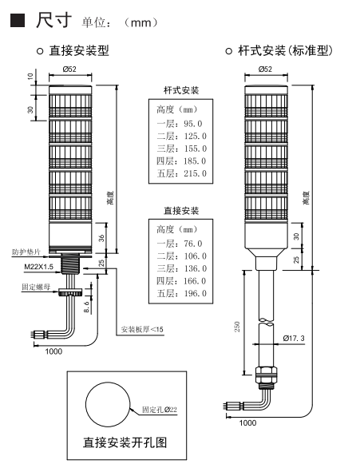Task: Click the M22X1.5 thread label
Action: pos(39,267)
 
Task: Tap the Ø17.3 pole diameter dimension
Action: pos(294,338)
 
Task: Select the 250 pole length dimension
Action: pos(237,327)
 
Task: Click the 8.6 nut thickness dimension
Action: pos(86,307)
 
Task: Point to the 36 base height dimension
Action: pos(101,238)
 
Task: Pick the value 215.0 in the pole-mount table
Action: pos(195,173)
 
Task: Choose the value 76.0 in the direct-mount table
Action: pos(193,244)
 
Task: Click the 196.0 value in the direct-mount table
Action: pos(195,294)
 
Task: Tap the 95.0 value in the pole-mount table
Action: pos(193,124)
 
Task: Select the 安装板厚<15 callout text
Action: pos(142,330)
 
